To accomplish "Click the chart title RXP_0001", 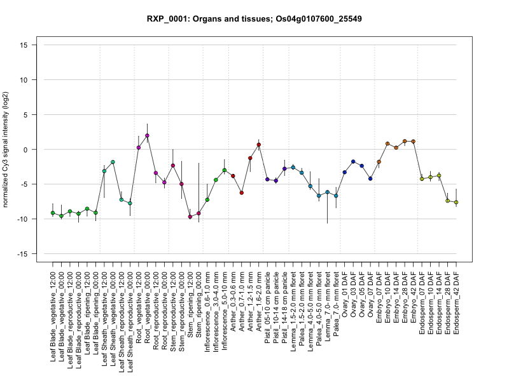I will (254, 19).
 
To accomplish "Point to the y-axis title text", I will (7, 150).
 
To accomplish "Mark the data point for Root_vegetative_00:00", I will (147, 136).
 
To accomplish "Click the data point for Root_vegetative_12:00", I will (139, 147).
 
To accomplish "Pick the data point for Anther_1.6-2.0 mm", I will (259, 145).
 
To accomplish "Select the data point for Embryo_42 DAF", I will (413, 141).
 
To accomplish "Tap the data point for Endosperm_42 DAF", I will (456, 203).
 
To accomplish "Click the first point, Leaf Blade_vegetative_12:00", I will (53, 213).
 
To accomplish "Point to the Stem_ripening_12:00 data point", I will (190, 217).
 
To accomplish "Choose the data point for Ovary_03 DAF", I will (353, 161).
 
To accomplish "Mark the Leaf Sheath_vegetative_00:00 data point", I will (113, 163).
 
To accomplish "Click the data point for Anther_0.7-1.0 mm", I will (242, 192).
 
